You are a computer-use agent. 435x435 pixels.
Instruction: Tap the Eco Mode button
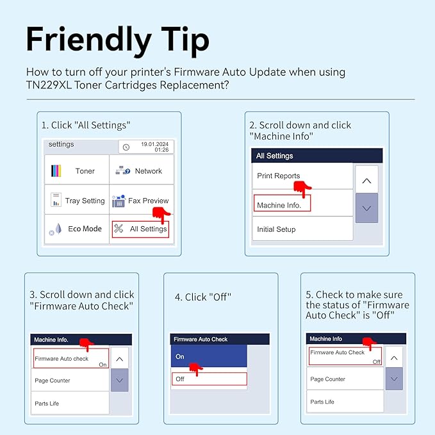click(x=77, y=229)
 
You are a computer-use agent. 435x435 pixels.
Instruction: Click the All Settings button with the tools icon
click(x=140, y=229)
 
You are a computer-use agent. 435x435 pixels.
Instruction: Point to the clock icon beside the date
click(x=126, y=147)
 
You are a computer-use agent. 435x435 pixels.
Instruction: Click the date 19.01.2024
click(x=154, y=144)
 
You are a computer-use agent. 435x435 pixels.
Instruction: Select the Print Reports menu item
click(x=302, y=176)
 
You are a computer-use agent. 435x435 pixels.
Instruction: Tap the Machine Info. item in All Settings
click(x=282, y=203)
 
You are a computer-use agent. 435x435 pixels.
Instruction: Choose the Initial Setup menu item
click(x=302, y=229)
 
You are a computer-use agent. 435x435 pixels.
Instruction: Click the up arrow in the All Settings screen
click(x=366, y=179)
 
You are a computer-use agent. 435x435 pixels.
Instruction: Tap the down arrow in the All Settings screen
click(x=366, y=208)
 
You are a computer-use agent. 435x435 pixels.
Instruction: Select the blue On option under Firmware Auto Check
click(x=209, y=356)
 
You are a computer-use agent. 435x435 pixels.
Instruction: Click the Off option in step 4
click(x=209, y=379)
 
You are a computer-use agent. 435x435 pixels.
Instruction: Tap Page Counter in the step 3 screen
click(x=70, y=380)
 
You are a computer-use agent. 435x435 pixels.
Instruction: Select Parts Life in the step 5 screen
click(x=345, y=401)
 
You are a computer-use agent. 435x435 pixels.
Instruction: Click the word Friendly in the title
click(x=89, y=40)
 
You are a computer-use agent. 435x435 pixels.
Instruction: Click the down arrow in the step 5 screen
click(x=394, y=379)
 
